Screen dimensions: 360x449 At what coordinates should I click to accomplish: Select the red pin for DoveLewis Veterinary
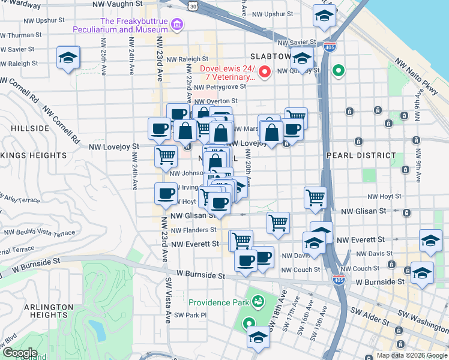coord(264,73)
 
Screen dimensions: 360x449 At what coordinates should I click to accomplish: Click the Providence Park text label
coord(219,302)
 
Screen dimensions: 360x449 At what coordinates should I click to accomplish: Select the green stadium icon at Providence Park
coord(259,301)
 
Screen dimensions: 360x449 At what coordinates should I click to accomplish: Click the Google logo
coord(19,353)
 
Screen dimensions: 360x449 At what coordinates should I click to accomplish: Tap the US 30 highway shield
coord(192,5)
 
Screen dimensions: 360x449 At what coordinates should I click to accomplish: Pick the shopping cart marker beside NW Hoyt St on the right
coord(315,196)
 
